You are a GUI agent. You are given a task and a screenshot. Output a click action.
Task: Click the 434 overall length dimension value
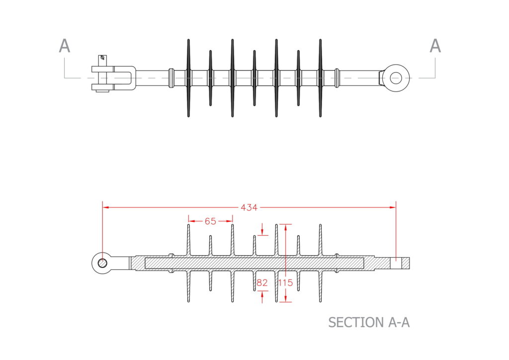tap(249, 207)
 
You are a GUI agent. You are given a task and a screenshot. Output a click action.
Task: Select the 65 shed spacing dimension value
tap(210, 221)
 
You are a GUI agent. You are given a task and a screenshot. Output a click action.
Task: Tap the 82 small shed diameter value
tap(262, 283)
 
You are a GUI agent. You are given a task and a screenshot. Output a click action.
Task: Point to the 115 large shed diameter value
tap(286, 283)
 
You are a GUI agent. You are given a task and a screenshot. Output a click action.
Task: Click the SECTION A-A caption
tap(369, 322)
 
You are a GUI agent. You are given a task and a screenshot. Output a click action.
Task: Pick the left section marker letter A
tap(65, 46)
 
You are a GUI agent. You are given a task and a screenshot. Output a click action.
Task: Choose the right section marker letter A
tap(435, 46)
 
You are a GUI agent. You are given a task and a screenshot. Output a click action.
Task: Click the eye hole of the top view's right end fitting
tap(396, 78)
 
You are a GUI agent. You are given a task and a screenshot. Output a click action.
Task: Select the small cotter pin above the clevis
tap(103, 59)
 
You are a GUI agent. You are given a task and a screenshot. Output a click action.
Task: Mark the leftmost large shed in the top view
tap(188, 78)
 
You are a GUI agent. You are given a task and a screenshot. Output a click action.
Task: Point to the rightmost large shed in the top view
tap(320, 78)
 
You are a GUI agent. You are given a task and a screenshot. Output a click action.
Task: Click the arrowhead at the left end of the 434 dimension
tap(105, 207)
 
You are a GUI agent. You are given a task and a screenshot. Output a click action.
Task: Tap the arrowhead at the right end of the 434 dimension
tap(393, 207)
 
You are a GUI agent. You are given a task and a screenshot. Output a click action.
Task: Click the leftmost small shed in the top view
tap(210, 78)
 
